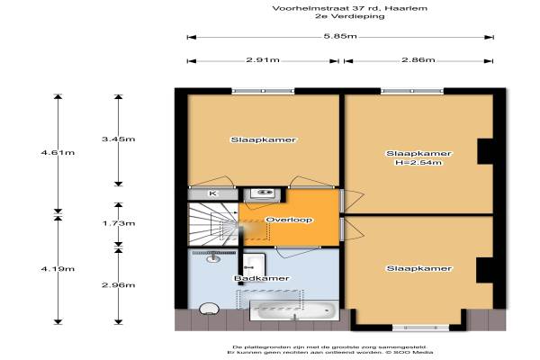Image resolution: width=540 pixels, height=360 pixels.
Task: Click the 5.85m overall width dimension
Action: click(x=340, y=36)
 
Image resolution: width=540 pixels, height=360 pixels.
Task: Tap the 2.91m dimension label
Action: click(x=263, y=60)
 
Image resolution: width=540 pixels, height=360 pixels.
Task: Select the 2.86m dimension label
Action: click(x=418, y=60)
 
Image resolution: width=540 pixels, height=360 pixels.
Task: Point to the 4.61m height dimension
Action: click(x=58, y=152)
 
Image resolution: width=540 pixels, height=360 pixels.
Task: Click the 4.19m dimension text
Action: click(x=58, y=269)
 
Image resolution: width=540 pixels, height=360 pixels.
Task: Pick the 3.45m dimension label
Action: click(x=119, y=139)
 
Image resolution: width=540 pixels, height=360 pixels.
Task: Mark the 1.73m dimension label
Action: click(x=119, y=223)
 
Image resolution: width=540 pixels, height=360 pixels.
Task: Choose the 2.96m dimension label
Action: click(x=119, y=285)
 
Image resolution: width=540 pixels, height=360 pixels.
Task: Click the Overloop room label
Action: click(x=289, y=220)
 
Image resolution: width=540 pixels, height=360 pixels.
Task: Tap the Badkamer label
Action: click(x=261, y=278)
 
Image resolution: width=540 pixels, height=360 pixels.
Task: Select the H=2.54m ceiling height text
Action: click(x=418, y=162)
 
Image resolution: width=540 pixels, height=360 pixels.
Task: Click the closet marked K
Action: click(x=212, y=193)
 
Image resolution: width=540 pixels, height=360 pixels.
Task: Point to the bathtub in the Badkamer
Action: click(x=293, y=310)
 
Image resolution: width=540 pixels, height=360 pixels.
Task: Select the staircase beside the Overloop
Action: click(x=212, y=224)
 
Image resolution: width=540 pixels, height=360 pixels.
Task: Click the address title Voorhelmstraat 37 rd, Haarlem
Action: click(x=349, y=8)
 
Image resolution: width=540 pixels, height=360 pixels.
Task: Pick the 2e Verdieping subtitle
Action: click(x=349, y=16)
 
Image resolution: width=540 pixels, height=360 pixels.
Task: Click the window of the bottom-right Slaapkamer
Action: click(x=421, y=328)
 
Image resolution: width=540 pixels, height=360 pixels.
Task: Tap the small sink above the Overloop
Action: click(x=263, y=193)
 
